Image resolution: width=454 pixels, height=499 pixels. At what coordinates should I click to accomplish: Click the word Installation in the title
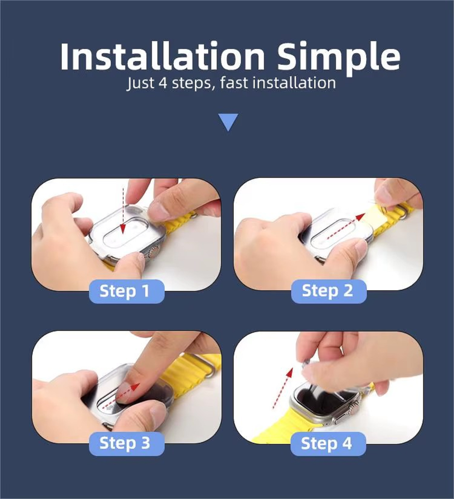click(x=163, y=57)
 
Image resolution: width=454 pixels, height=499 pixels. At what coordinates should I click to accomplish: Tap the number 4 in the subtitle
click(x=163, y=83)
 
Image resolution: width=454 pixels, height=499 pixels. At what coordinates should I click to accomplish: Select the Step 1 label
click(x=127, y=291)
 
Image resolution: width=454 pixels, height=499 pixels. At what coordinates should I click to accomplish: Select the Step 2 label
click(x=329, y=291)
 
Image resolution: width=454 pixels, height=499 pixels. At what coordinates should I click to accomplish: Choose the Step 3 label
click(x=127, y=444)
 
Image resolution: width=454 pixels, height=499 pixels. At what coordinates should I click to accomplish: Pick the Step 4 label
click(x=328, y=444)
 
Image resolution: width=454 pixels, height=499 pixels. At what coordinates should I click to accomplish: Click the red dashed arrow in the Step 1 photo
click(x=123, y=210)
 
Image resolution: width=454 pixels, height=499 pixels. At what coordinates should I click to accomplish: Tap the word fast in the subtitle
click(x=234, y=83)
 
